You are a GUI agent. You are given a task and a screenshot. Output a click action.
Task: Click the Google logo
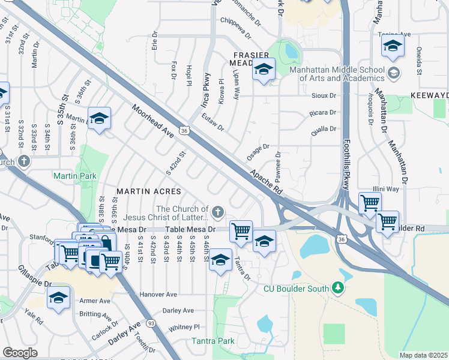(x=19, y=353)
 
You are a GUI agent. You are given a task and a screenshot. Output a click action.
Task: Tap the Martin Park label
(x=74, y=176)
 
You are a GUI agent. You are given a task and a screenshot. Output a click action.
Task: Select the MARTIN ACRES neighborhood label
(x=148, y=191)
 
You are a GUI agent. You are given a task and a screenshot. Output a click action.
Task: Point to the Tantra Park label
(x=212, y=341)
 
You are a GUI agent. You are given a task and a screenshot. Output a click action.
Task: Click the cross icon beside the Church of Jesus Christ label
(x=217, y=211)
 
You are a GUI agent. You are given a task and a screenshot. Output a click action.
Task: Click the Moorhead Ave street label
(x=153, y=122)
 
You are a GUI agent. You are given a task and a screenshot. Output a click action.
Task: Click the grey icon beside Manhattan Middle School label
(x=394, y=73)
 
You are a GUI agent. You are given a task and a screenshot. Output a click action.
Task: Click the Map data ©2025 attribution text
(x=424, y=355)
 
